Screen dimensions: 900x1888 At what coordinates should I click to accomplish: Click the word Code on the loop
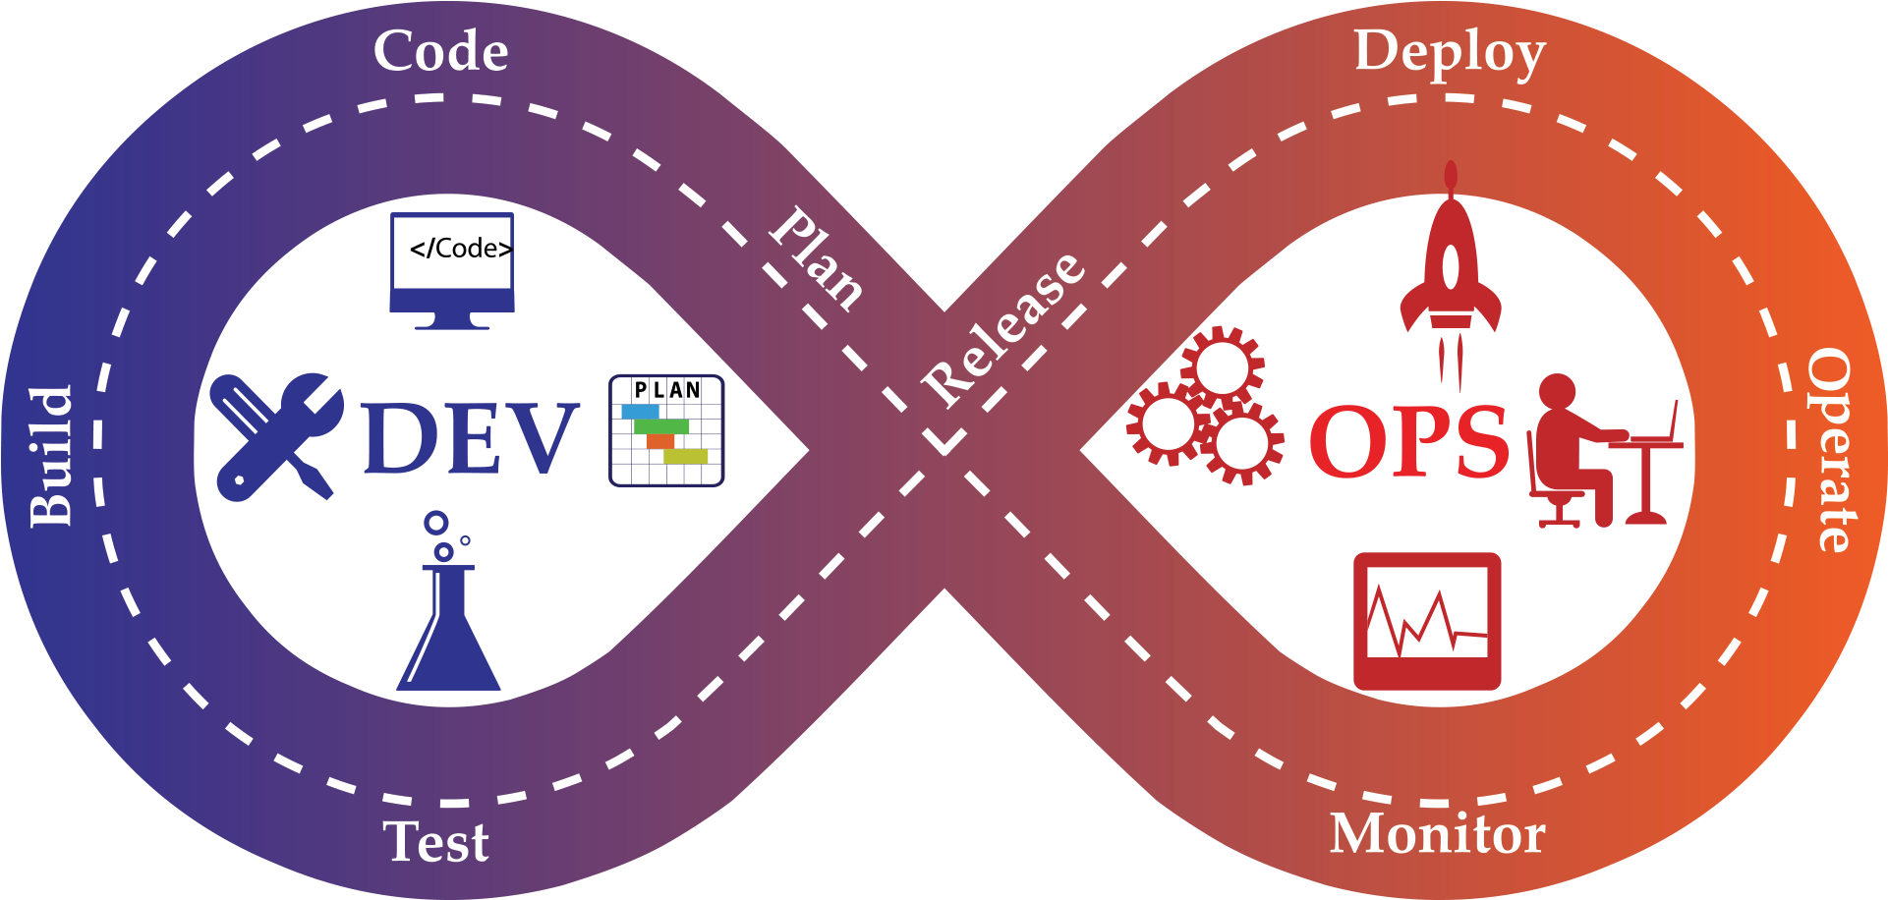pos(440,51)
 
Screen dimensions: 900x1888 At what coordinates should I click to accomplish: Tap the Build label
pos(51,456)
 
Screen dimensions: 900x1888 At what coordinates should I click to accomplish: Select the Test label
pos(435,842)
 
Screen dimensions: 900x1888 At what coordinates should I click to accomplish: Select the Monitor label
pos(1437,834)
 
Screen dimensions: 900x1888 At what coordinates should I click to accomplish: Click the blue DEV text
pos(470,438)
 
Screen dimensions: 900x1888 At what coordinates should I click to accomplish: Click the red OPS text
pos(1408,442)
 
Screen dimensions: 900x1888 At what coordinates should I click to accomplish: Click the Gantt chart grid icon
pos(666,430)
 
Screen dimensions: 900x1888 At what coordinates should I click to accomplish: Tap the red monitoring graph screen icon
pos(1427,621)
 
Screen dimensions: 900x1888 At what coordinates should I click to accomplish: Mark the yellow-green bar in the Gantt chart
pos(685,456)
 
